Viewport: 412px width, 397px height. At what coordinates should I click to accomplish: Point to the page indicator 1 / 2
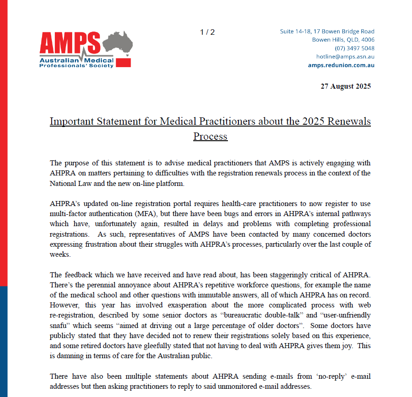point(207,32)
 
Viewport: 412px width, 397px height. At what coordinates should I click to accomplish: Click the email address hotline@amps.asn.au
point(345,57)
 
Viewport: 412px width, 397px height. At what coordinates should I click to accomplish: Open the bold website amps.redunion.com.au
point(341,65)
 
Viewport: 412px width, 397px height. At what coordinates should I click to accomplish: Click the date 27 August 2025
point(345,86)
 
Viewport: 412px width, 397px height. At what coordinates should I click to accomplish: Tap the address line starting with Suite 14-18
point(327,32)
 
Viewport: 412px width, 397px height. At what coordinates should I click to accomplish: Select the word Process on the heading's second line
point(210,136)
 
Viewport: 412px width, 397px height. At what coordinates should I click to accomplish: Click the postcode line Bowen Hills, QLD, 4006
point(343,40)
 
